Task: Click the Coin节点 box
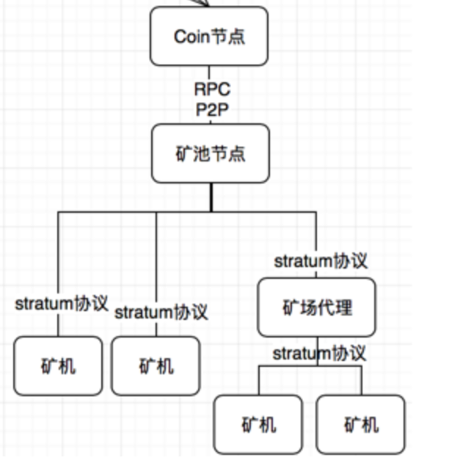pos(209,36)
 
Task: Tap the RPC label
pos(212,90)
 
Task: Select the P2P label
pos(212,112)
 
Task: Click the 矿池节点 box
pos(211,153)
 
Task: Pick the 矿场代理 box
pos(316,307)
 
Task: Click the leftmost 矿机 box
pos(58,365)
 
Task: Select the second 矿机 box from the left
pos(156,365)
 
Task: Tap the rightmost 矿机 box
pos(361,424)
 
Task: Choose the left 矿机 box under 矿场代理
pos(258,424)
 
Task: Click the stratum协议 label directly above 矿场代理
pos(321,260)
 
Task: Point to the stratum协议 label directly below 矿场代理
pos(319,354)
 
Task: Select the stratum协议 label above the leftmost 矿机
pos(62,303)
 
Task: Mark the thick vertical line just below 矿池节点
pos(211,197)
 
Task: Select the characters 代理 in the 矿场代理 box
pos(335,307)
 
